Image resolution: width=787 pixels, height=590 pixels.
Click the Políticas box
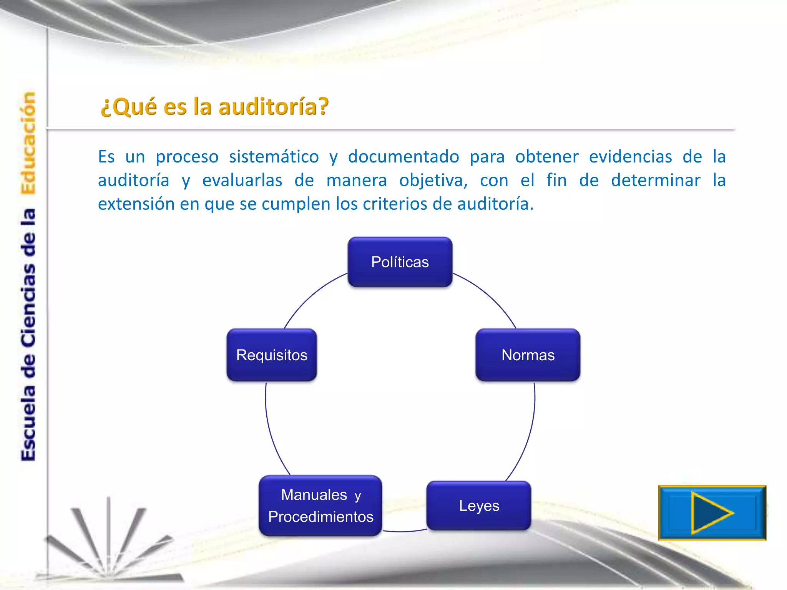tap(400, 262)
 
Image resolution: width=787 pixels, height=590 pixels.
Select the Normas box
tap(528, 355)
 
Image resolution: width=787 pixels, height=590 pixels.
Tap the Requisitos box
tap(272, 355)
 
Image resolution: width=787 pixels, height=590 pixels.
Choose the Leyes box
tap(479, 505)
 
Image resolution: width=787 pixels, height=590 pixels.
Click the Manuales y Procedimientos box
tap(320, 505)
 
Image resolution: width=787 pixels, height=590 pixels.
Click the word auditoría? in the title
tap(274, 106)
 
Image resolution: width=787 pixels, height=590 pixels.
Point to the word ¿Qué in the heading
tap(129, 106)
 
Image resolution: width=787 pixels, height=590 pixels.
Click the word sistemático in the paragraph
tap(274, 157)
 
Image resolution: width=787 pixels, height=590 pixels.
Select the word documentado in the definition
tap(403, 157)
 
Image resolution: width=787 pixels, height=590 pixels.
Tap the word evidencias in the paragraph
tap(630, 157)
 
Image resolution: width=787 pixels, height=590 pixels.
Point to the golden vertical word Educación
tap(28, 143)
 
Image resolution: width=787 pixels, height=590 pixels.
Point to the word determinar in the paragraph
tap(656, 181)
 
